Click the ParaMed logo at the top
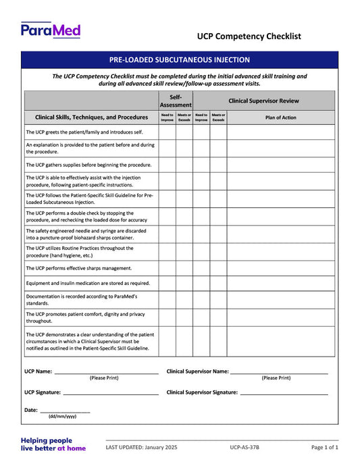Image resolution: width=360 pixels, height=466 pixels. [x=51, y=30]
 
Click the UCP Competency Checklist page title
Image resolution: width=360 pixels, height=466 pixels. [x=249, y=36]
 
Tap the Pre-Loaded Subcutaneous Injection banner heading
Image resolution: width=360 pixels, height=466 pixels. [x=180, y=60]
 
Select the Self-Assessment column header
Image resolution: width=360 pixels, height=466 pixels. [x=176, y=101]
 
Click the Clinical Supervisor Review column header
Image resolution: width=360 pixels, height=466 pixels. [x=263, y=101]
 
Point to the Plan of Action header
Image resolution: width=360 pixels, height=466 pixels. [x=280, y=118]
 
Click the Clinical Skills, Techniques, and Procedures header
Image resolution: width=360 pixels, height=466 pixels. [x=91, y=118]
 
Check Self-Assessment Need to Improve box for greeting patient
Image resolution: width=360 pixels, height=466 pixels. [x=167, y=132]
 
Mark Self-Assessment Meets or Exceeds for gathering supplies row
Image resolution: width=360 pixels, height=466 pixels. [x=184, y=165]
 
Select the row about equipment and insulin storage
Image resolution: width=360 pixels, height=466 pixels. [x=88, y=284]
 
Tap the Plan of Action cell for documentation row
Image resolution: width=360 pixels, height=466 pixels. [x=280, y=300]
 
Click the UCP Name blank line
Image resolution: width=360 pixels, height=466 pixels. [x=106, y=372]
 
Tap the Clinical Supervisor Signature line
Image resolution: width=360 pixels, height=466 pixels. [x=284, y=393]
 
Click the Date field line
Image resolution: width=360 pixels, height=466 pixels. [x=65, y=411]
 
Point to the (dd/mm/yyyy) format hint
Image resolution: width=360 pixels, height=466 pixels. [x=62, y=417]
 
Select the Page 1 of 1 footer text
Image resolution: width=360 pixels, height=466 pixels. [x=325, y=448]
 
